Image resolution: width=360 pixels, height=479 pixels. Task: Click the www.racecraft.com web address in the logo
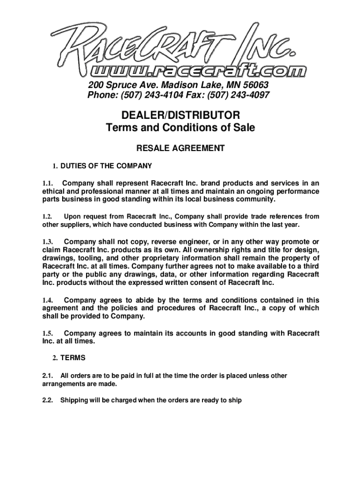coord(199,71)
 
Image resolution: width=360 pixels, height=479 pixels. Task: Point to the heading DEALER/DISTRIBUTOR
coord(180,115)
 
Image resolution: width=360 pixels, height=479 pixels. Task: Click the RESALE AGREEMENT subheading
coord(180,148)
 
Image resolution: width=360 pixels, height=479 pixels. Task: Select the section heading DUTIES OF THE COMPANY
coord(106,166)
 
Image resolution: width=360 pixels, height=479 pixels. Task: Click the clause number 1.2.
coord(46,217)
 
